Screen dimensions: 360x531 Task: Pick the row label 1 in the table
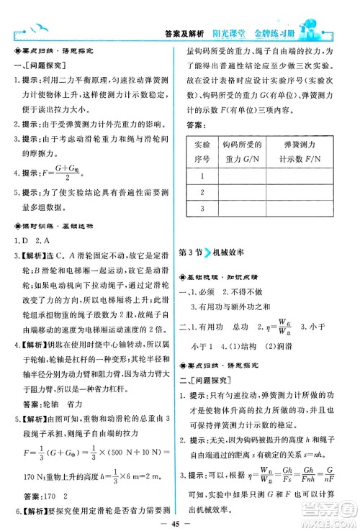click(x=202, y=175)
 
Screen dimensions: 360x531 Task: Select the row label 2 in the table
click(x=202, y=192)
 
